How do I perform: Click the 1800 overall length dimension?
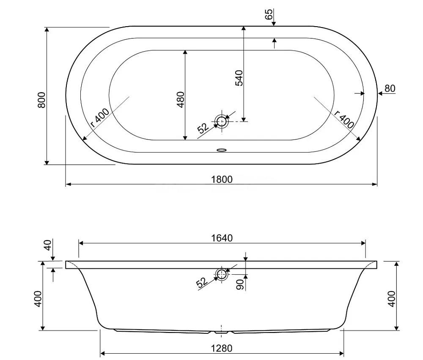pyautogui.click(x=222, y=180)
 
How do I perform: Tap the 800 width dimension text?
pyautogui.click(x=41, y=100)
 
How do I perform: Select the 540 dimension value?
pyautogui.click(x=239, y=78)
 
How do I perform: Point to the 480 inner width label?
pyautogui.click(x=181, y=99)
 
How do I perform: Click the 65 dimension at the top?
pyautogui.click(x=269, y=14)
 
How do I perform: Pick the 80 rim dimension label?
pyautogui.click(x=390, y=88)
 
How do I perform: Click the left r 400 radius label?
pyautogui.click(x=100, y=118)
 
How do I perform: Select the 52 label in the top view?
pyautogui.click(x=203, y=128)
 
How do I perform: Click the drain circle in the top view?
pyautogui.click(x=222, y=121)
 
